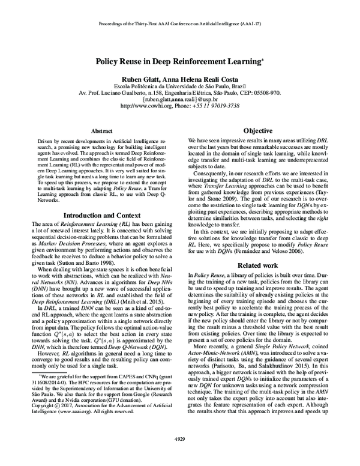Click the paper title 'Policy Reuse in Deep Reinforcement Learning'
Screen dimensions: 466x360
179,61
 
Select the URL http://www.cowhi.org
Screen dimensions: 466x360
148,106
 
